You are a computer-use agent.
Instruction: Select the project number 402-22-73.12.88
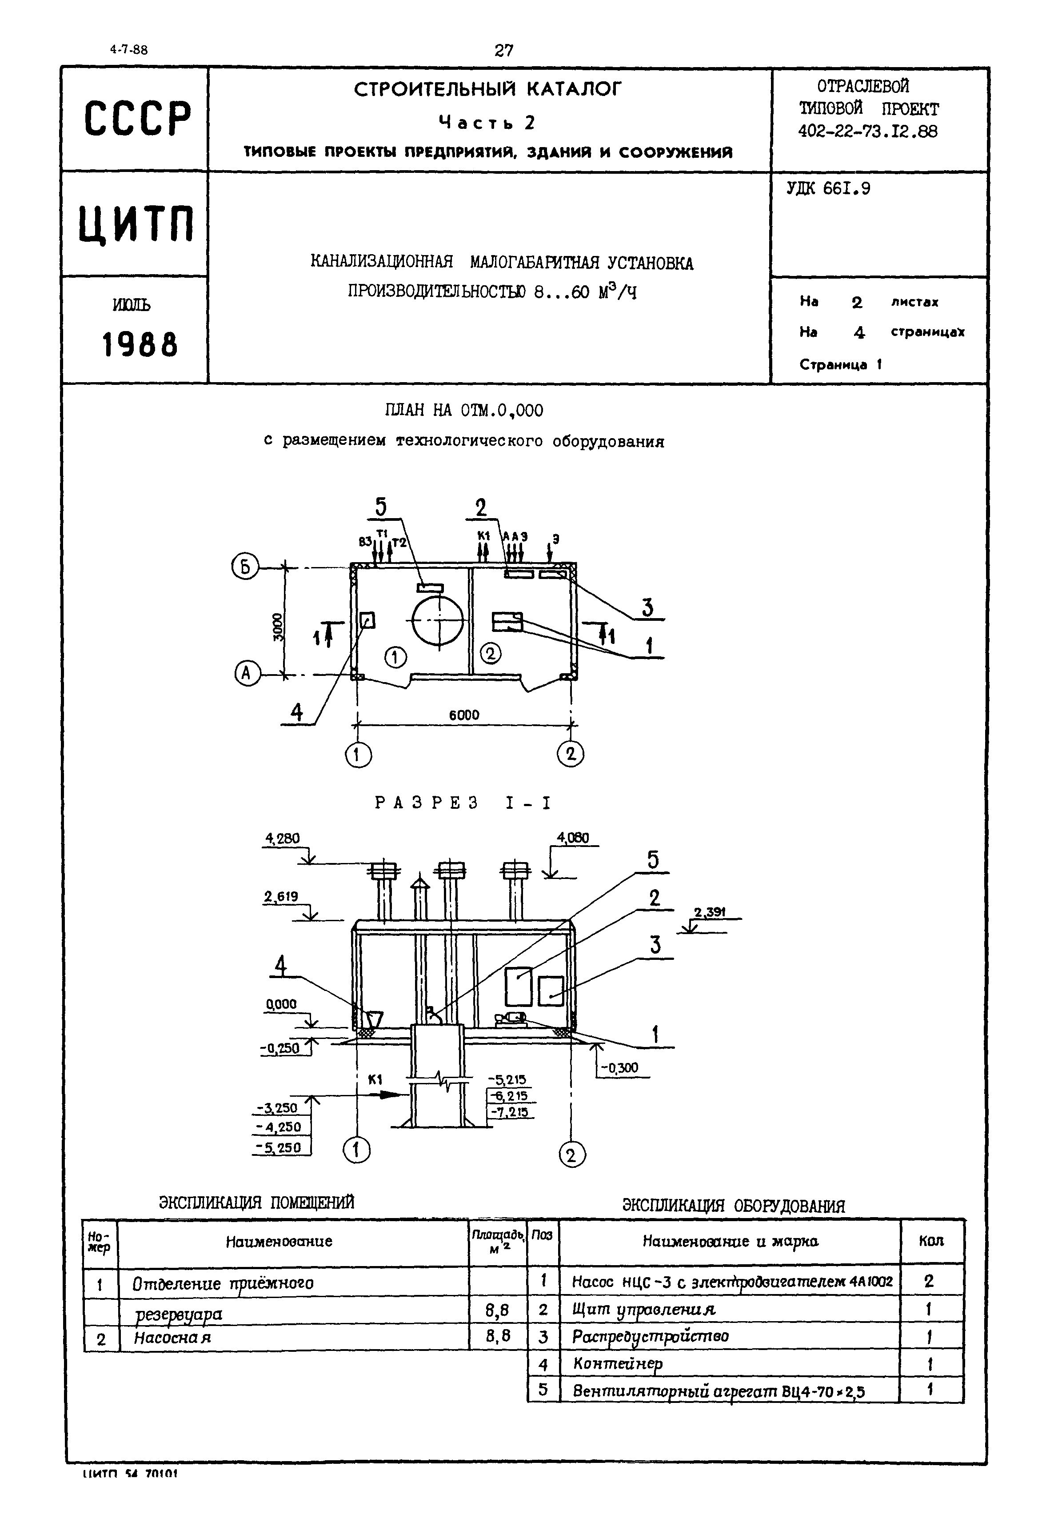point(868,132)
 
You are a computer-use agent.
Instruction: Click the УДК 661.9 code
point(828,189)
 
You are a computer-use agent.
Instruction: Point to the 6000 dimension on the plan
point(464,715)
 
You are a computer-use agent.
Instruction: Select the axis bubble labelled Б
point(245,567)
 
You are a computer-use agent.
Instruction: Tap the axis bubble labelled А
point(247,674)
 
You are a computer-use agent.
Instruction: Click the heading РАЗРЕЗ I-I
point(463,803)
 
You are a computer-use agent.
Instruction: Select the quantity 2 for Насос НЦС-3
point(928,1281)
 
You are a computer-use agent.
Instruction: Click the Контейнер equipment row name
point(618,1364)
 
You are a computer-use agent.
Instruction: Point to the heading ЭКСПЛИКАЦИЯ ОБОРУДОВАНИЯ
point(733,1206)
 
